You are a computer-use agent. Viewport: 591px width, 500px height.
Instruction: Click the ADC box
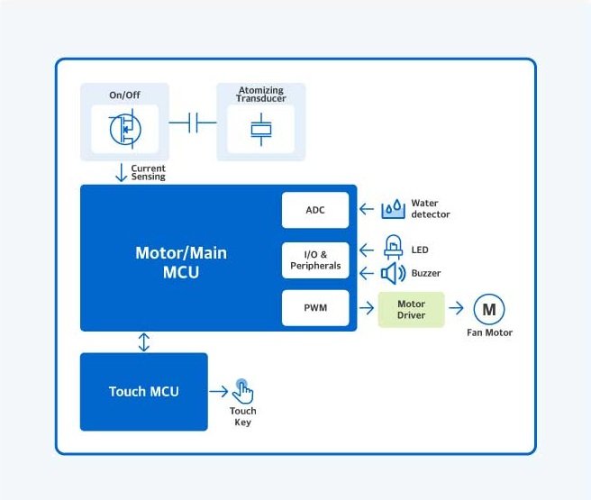tap(315, 210)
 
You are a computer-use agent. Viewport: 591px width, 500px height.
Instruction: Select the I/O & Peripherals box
tap(315, 260)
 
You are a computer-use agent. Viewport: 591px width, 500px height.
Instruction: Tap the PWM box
tap(315, 307)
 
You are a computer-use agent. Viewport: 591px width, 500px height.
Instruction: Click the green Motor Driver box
tap(411, 309)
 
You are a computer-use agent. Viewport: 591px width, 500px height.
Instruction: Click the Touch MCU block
tap(143, 392)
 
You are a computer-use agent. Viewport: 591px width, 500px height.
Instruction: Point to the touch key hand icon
tap(242, 391)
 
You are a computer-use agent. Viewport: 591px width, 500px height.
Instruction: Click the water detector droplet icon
tap(393, 209)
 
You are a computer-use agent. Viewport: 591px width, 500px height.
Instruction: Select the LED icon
tap(393, 247)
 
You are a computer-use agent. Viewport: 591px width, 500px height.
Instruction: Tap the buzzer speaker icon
tap(393, 273)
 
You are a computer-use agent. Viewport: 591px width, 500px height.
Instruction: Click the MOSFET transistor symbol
tap(125, 129)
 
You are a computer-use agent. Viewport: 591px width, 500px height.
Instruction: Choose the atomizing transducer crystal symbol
tap(261, 129)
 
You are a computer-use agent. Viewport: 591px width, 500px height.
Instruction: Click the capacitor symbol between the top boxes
tap(193, 123)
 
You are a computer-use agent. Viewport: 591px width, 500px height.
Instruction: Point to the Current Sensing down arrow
tap(121, 173)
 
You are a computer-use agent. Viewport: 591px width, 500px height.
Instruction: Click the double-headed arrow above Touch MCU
tap(143, 342)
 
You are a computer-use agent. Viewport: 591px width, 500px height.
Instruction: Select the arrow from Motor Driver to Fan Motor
tap(456, 308)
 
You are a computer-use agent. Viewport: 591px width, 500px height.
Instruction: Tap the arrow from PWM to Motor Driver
tap(367, 308)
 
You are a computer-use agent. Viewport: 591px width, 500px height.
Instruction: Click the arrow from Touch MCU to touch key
tap(219, 391)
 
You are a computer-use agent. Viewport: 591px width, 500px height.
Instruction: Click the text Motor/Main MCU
tap(181, 262)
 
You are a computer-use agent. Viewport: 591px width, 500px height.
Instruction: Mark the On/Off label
tap(124, 95)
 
